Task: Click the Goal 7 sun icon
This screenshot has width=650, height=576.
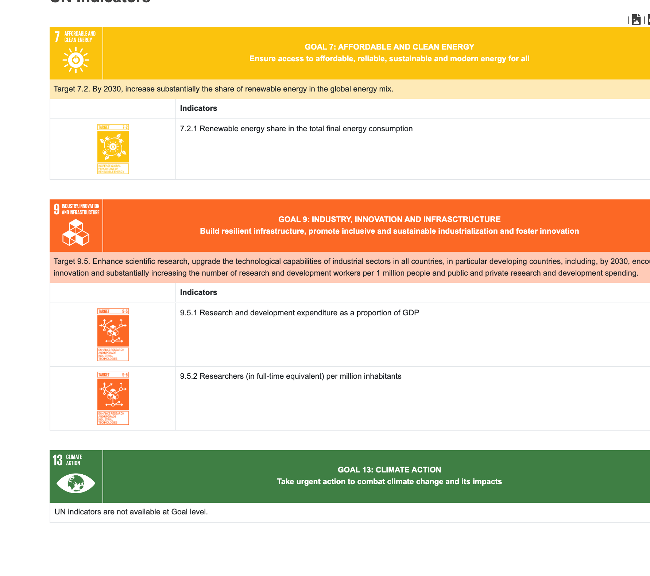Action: [76, 60]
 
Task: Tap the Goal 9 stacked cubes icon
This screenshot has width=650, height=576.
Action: [76, 233]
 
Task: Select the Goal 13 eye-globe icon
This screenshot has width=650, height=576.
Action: [76, 483]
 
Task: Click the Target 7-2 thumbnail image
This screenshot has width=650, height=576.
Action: [113, 149]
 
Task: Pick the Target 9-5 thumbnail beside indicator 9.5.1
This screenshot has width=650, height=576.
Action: [113, 334]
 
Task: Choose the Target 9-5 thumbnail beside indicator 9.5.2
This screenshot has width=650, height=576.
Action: [113, 398]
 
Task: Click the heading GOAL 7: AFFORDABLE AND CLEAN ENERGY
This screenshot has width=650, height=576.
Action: [389, 47]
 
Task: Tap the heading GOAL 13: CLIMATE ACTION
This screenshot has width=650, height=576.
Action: [389, 470]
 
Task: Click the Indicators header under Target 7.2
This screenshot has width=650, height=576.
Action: [198, 108]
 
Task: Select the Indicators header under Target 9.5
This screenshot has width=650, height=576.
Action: [198, 292]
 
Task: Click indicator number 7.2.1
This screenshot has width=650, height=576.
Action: [189, 129]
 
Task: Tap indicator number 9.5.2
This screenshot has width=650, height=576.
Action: [189, 376]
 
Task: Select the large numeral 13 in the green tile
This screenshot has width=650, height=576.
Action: [58, 460]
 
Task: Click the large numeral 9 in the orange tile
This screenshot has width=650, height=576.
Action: [57, 209]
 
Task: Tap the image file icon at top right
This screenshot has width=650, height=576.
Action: [636, 20]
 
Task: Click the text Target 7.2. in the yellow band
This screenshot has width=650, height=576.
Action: [71, 89]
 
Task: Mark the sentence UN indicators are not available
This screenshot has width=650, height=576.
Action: [131, 512]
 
